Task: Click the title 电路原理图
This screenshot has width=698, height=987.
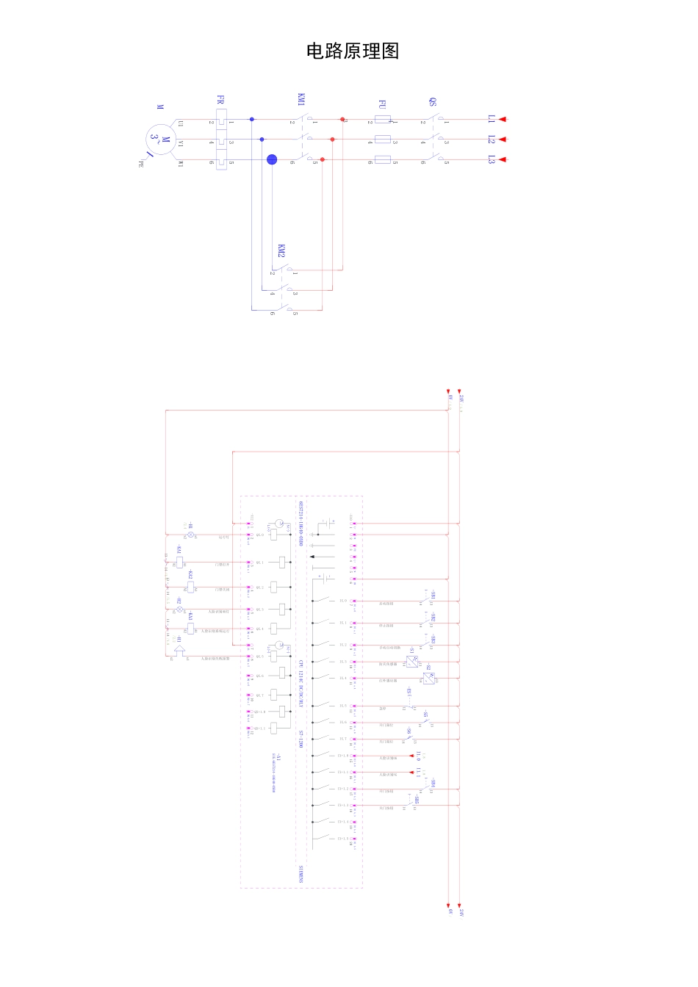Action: tap(353, 51)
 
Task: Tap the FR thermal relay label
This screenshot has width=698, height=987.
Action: tap(220, 100)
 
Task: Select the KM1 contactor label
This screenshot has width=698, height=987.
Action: tap(301, 100)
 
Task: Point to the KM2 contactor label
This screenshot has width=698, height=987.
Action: tap(281, 250)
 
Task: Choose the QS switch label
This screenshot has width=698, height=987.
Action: tap(433, 101)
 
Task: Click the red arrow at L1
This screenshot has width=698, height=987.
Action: tap(503, 118)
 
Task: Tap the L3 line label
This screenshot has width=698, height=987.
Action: tap(492, 159)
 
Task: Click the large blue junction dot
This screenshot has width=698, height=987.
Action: tap(272, 159)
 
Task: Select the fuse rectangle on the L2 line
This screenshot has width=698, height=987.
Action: tap(383, 139)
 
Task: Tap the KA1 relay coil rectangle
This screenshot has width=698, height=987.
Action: tap(179, 563)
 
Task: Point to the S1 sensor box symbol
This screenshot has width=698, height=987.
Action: tap(412, 662)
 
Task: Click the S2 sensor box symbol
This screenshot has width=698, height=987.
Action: tap(428, 678)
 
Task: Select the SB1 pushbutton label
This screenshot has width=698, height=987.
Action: tap(433, 593)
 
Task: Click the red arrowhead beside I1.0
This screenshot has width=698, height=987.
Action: tap(411, 756)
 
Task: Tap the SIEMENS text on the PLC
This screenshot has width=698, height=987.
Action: tap(301, 873)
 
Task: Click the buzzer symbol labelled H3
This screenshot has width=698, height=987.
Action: tap(179, 651)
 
